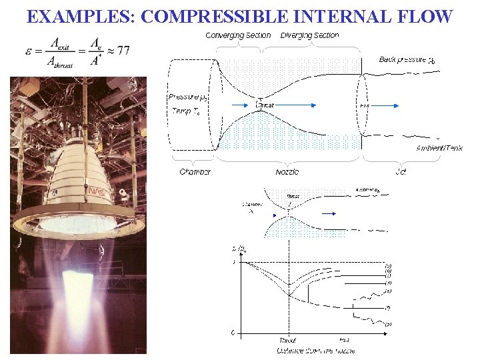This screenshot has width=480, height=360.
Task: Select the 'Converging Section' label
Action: pos(238,35)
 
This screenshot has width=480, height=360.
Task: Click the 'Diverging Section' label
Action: pos(309,35)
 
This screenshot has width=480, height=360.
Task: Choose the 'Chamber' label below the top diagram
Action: pos(195,171)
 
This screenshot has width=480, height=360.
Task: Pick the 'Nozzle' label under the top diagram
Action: pos(287,171)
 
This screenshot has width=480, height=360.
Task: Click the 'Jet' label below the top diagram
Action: pos(400,171)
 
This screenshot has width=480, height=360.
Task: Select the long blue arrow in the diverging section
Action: pos(313,105)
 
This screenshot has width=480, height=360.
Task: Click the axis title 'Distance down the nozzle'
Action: pos(315,349)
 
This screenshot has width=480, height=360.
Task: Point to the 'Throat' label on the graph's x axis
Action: pos(288,340)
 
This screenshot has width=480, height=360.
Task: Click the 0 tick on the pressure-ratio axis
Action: pos(233,331)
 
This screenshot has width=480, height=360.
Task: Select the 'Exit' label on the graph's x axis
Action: pos(344,340)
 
